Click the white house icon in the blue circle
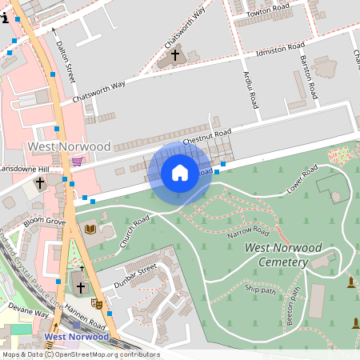tap(180, 173)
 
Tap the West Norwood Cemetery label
tap(283, 255)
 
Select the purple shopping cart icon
tap(77, 161)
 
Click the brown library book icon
tap(90, 230)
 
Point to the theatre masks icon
tap(97, 303)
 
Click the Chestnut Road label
tap(207, 137)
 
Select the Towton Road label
tap(268, 10)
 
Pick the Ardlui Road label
tap(250, 89)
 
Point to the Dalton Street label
tap(66, 63)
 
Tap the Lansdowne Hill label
tap(24, 170)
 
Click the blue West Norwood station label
tap(77, 337)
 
